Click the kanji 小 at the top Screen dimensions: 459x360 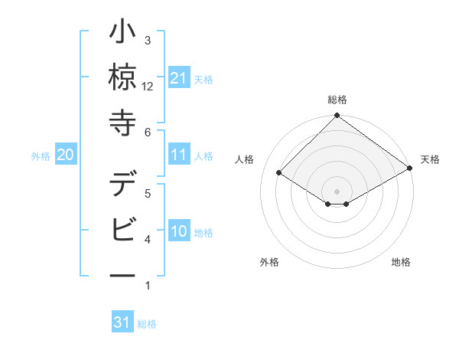coord(122,35)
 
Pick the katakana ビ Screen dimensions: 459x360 coord(122,228)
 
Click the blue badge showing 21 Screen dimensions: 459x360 coord(178,79)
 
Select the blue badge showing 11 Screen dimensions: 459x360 coord(178,155)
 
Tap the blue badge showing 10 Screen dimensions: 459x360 coord(178,232)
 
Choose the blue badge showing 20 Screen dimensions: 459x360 coord(65,155)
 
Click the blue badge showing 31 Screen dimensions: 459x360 coord(122,323)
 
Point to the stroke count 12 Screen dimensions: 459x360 coord(148,86)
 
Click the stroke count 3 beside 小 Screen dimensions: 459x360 coord(148,41)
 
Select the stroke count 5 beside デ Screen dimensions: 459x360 coord(148,194)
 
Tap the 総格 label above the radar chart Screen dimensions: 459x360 coord(337,100)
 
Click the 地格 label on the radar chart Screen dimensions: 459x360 coord(401,262)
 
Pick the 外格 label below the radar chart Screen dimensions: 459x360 coord(269,262)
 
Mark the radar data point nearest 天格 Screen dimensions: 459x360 coord(411,169)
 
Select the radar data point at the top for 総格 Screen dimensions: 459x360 coord(337,116)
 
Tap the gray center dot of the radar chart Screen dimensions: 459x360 coord(337,190)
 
